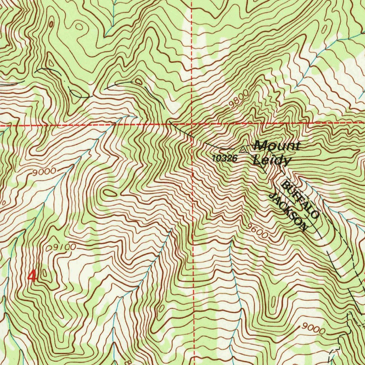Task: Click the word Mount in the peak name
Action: (277, 146)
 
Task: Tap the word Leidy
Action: (272, 161)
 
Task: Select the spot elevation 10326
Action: (225, 159)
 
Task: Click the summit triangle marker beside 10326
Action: (244, 149)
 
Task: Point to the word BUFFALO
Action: (300, 200)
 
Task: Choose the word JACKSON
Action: (288, 212)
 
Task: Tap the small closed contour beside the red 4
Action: (44, 273)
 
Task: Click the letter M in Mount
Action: (260, 145)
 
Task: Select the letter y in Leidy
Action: (287, 162)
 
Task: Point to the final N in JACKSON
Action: (303, 227)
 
